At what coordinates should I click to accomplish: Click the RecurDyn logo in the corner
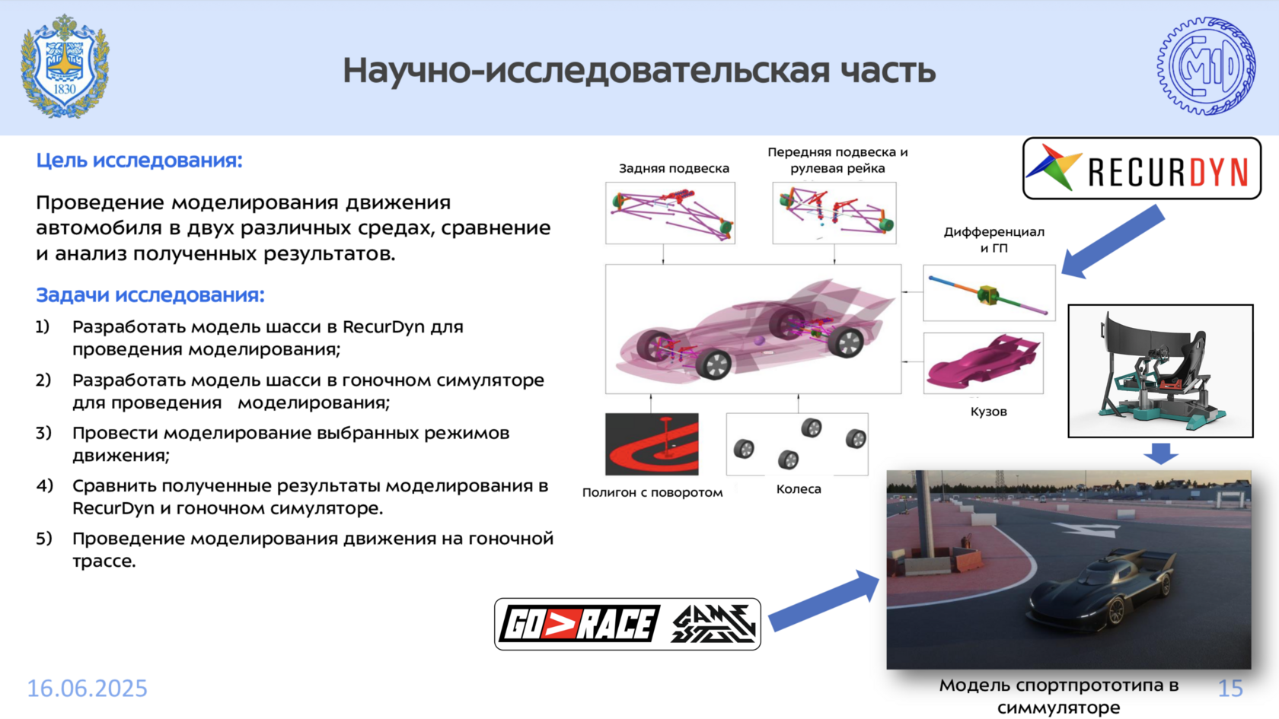point(1142,168)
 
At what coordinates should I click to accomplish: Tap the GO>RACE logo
point(579,624)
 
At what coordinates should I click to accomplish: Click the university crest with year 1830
point(65,66)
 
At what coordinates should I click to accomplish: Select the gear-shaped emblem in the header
point(1206,66)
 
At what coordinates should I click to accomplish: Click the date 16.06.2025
point(88,688)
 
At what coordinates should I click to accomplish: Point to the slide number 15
point(1230,688)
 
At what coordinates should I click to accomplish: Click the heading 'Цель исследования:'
point(139,161)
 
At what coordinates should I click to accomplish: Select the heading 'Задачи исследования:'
point(150,295)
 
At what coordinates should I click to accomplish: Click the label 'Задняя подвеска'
point(675,168)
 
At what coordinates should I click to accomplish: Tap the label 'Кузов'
point(988,412)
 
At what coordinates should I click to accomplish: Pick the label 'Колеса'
point(798,489)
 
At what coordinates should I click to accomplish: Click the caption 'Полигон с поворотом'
point(652,492)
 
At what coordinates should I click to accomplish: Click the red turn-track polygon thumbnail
point(652,444)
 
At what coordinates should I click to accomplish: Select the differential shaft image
point(989,293)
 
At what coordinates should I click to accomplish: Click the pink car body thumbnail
point(984,363)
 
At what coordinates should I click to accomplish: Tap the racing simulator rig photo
point(1160,371)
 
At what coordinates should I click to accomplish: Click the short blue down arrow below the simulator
point(1161,453)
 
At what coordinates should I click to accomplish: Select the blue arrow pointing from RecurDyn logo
point(1112,242)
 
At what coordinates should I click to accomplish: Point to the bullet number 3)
point(43,432)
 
